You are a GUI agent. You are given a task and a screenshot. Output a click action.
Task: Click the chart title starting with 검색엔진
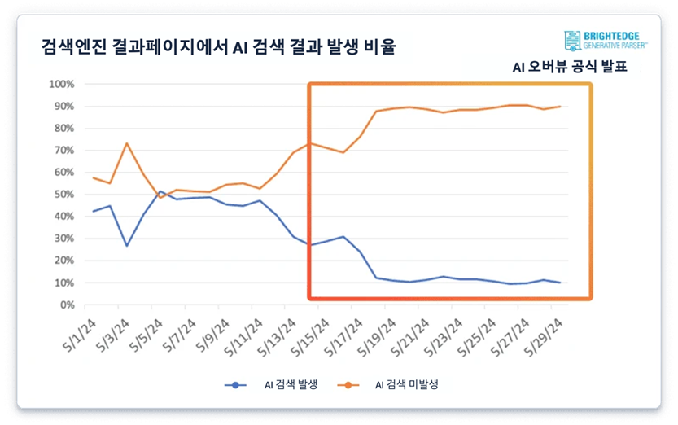(217, 46)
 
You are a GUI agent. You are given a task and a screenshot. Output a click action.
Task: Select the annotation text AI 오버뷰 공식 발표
(570, 68)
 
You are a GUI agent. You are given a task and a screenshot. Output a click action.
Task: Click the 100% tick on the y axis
(62, 84)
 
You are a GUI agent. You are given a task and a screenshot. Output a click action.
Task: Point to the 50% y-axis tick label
(64, 195)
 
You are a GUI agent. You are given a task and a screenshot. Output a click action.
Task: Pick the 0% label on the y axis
(68, 305)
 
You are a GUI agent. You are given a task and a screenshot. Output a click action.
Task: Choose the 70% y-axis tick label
(64, 151)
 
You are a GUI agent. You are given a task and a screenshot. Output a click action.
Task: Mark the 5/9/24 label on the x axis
(215, 333)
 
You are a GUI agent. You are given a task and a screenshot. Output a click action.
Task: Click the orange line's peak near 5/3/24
(126, 143)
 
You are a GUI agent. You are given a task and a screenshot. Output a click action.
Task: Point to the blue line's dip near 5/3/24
(126, 246)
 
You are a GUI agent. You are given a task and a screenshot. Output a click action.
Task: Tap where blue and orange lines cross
(157, 195)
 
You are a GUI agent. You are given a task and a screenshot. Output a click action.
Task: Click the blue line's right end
(560, 283)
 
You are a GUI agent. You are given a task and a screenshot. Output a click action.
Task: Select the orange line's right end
(560, 107)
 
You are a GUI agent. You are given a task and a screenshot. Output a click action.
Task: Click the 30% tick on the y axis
(64, 239)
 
